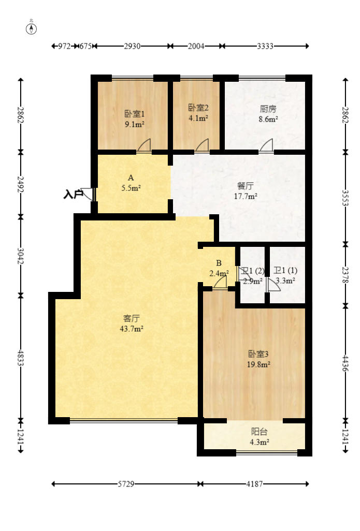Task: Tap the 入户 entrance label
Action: [x=74, y=195]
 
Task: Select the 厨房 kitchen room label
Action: [x=268, y=109]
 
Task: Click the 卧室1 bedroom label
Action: [x=134, y=114]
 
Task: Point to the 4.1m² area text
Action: [x=198, y=117]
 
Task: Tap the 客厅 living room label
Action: [x=132, y=318]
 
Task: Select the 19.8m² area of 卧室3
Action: [x=258, y=364]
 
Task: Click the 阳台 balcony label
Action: [x=260, y=432]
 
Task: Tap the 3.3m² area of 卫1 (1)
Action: [x=285, y=281]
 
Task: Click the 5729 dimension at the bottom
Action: [x=126, y=484]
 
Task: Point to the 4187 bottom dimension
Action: [x=254, y=484]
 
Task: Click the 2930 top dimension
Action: [x=132, y=46]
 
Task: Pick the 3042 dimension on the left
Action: [x=21, y=255]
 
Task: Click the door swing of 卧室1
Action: [x=145, y=146]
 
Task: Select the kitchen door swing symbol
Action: [x=267, y=146]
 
